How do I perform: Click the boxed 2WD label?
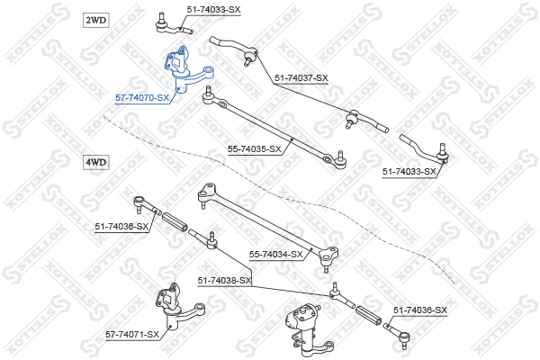95,21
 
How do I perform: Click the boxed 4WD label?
96,162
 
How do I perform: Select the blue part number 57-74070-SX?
142,98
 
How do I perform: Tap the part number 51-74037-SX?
301,78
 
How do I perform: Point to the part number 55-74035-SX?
255,149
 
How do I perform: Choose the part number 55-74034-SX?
276,255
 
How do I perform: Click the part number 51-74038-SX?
224,281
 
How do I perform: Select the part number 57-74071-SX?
132,335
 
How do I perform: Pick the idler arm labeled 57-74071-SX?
178,308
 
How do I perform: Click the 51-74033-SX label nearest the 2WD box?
213,10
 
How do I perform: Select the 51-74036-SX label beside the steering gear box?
420,310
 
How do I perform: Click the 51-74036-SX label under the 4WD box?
121,227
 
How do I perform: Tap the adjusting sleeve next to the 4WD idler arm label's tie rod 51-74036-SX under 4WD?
175,222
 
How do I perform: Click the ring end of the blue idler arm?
209,69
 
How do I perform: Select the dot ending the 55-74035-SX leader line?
292,139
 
